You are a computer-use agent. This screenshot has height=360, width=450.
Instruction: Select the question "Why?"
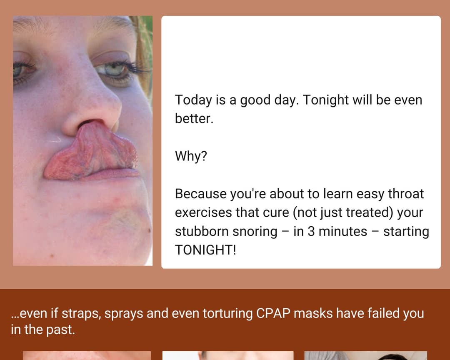tap(191, 156)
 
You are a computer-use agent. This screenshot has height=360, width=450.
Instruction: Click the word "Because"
tap(200, 194)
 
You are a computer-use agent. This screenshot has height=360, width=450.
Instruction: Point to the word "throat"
tap(405, 194)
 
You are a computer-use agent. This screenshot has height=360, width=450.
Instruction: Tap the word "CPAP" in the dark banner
tap(273, 313)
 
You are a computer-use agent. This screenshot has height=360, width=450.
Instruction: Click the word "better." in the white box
tap(194, 119)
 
